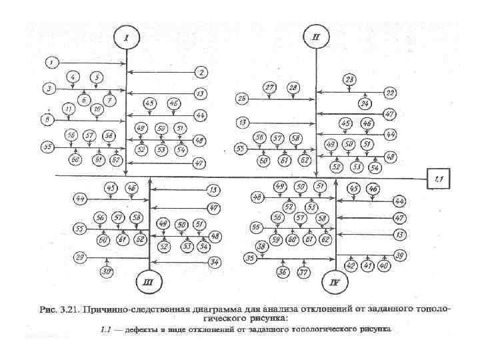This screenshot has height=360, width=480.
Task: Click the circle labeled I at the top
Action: point(126,37)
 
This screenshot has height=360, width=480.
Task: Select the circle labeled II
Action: point(316,37)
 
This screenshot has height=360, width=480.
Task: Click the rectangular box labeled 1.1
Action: point(439,178)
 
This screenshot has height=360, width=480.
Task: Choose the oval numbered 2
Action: point(200,72)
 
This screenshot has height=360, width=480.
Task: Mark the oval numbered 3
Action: point(49,88)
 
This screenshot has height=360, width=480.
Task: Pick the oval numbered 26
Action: point(243,99)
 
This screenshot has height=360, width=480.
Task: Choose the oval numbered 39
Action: point(399,255)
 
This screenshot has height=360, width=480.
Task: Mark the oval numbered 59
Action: point(275,239)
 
